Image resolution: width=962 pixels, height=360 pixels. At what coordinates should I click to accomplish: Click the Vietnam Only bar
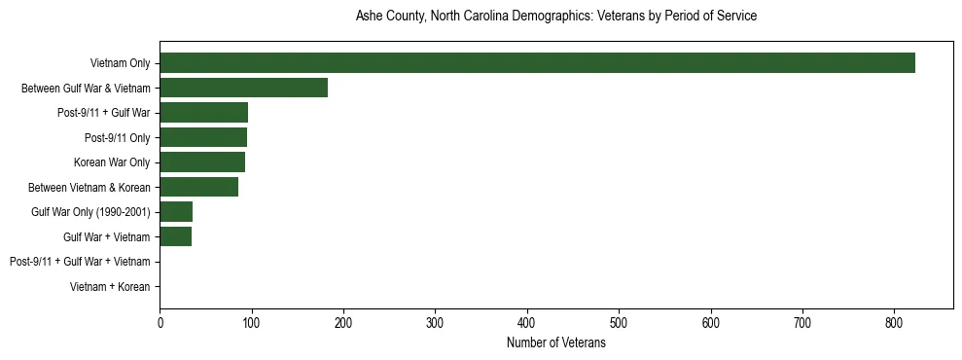(x=537, y=63)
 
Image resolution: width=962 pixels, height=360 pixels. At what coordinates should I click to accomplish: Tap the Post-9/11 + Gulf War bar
(x=203, y=113)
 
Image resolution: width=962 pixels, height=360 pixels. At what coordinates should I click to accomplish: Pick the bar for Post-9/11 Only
(x=203, y=137)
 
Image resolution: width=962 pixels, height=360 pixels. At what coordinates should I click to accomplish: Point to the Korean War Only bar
(x=202, y=162)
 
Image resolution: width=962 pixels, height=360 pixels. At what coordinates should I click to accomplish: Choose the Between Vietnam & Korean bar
(x=198, y=187)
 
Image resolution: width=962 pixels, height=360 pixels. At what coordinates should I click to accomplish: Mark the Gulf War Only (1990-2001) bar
(x=176, y=212)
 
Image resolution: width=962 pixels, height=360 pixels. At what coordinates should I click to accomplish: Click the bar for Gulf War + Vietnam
(x=175, y=236)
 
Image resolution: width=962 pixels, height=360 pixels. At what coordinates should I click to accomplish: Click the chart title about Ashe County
(x=555, y=17)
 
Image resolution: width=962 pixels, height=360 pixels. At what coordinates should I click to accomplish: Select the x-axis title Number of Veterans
(x=555, y=343)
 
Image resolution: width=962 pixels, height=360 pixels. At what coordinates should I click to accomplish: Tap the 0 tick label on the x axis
(x=160, y=323)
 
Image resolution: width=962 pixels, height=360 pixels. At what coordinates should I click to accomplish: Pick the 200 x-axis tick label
(x=343, y=323)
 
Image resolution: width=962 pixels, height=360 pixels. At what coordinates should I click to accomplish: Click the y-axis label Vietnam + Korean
(x=110, y=287)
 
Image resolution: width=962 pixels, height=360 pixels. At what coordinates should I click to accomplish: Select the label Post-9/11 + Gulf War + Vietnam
(x=80, y=262)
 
